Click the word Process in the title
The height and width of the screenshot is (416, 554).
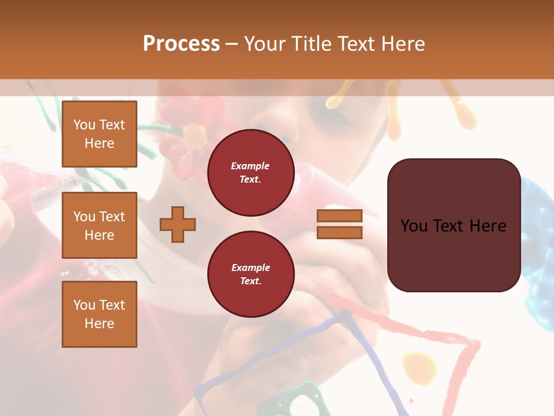(181, 44)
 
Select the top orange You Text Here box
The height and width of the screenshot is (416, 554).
(99, 134)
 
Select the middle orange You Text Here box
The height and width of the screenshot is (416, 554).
(99, 225)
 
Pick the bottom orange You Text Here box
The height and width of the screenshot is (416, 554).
(99, 314)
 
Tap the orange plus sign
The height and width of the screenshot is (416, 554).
(178, 224)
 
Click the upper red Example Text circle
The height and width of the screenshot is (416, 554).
(250, 173)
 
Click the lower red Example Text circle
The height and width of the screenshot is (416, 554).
(250, 274)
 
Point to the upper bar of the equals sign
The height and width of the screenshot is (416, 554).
(339, 216)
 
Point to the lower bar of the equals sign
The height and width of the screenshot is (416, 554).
(339, 232)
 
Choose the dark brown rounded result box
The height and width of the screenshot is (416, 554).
(454, 225)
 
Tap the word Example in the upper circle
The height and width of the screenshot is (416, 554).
(250, 166)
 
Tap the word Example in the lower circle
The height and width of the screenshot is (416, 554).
(250, 268)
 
